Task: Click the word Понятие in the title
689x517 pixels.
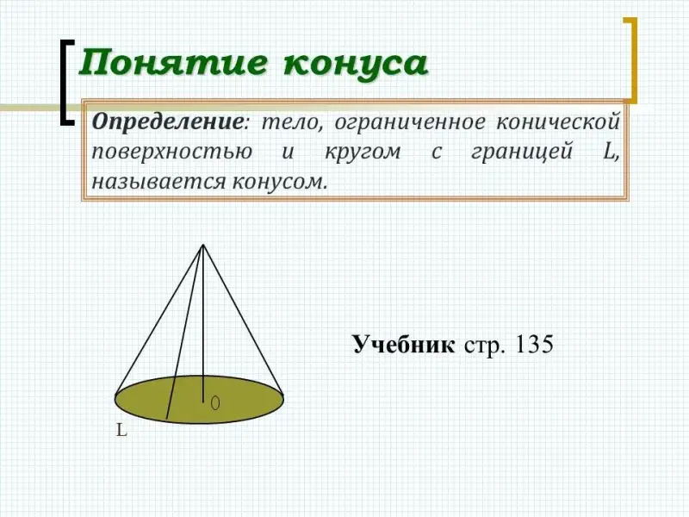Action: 173,63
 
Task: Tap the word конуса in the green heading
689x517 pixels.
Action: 356,64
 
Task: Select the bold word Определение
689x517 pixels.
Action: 167,122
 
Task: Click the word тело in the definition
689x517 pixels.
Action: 291,121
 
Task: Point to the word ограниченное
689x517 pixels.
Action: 410,122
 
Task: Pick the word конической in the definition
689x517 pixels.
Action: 558,121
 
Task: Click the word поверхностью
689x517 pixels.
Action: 171,153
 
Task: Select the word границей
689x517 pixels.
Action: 522,153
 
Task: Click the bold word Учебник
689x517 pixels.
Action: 403,344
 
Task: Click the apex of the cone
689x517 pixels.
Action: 203,245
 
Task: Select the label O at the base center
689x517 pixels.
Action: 214,402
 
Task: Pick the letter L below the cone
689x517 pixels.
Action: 121,430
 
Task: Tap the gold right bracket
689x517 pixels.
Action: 632,60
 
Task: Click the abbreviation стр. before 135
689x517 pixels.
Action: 484,346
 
